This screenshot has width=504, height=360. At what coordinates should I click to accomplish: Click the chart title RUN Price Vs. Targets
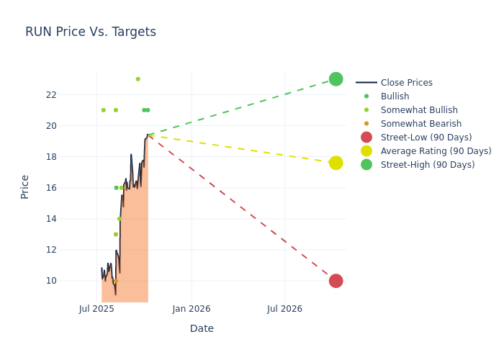tap(91, 32)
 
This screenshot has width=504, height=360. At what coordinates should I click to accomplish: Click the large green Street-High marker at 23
tap(336, 79)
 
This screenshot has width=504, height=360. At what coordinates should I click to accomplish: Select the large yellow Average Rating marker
tap(336, 163)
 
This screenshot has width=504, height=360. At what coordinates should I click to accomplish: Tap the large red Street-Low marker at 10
tap(336, 281)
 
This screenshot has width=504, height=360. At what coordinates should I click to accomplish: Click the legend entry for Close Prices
tap(406, 83)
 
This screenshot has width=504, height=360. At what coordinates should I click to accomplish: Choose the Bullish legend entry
tap(395, 96)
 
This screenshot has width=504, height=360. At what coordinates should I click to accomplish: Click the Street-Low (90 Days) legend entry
tap(426, 138)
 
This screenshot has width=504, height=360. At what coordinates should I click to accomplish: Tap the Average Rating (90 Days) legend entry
tap(436, 151)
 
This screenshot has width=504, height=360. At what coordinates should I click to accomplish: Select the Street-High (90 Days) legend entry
tap(428, 165)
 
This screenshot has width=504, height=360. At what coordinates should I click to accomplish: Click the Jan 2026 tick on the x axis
tap(192, 309)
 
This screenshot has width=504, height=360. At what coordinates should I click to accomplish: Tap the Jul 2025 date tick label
tap(96, 309)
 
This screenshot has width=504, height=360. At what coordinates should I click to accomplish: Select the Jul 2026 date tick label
tap(284, 309)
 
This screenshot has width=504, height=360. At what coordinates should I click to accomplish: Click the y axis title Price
tap(25, 186)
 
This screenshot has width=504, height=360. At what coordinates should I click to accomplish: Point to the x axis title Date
tap(202, 328)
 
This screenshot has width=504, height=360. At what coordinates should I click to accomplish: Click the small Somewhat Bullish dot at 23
tap(138, 79)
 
